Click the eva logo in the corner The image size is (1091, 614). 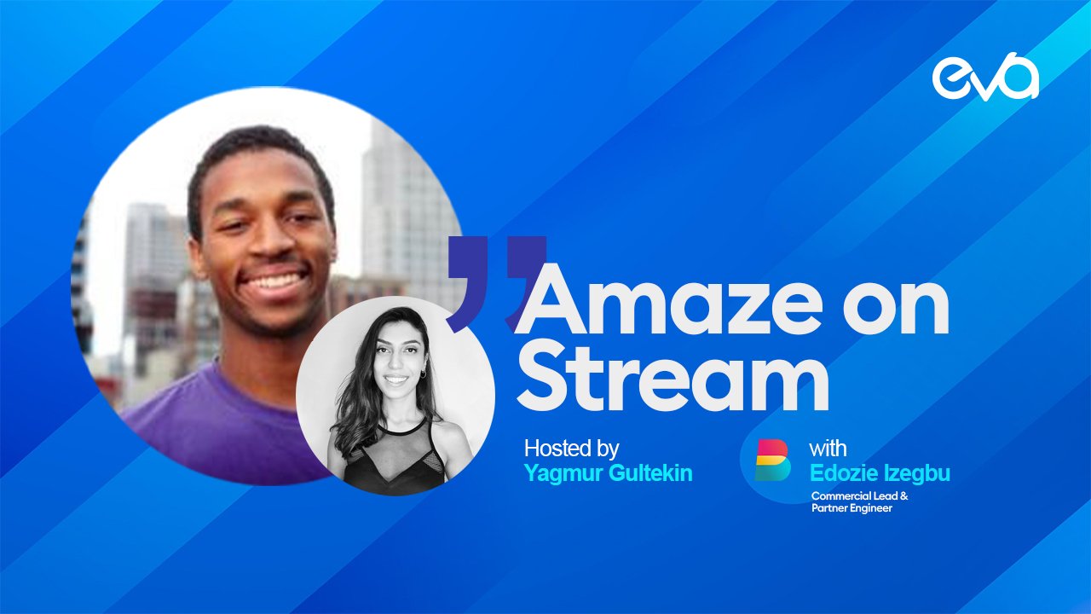(x=985, y=77)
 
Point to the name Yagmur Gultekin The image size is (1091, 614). (x=609, y=472)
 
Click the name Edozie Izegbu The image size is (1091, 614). (x=880, y=472)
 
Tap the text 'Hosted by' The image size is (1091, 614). (x=571, y=449)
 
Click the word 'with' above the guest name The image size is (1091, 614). (x=828, y=449)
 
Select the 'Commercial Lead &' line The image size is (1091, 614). (x=860, y=496)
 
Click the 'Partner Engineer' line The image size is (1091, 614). (x=851, y=508)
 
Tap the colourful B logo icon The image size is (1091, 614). (x=772, y=460)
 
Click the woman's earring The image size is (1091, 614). (x=422, y=374)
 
